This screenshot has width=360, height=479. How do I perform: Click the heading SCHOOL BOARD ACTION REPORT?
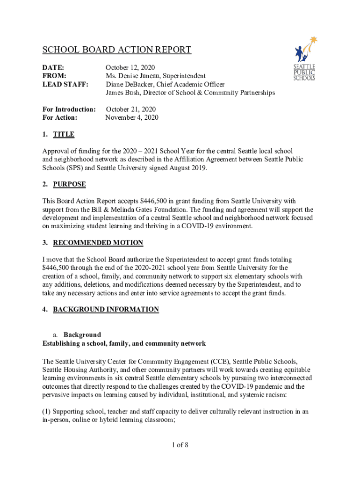point(117,50)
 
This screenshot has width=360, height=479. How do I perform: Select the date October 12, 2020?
point(130,68)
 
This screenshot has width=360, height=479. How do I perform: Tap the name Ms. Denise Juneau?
point(132,76)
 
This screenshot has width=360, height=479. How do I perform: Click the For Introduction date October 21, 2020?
point(130,109)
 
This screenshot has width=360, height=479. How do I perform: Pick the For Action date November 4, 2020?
point(132,118)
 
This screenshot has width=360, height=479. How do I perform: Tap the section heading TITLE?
point(64,135)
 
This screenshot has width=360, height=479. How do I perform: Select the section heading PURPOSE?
point(69,184)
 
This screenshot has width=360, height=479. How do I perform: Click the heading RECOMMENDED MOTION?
point(98,243)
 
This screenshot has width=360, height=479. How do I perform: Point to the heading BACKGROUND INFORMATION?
point(106,309)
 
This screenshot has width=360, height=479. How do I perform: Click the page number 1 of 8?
point(180,445)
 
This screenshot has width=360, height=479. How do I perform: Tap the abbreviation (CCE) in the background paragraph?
point(219,362)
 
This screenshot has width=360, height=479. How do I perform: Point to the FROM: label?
point(54,76)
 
